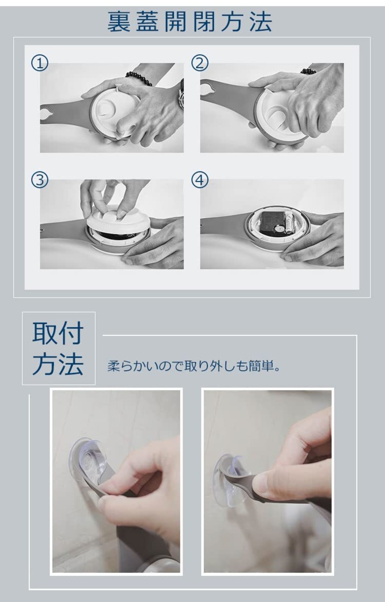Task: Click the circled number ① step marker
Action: tap(40, 63)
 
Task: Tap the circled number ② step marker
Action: tap(200, 63)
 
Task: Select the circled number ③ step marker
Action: tap(40, 180)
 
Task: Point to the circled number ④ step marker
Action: tap(200, 180)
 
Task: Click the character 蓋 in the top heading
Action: tap(147, 22)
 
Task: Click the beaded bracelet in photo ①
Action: tap(139, 78)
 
